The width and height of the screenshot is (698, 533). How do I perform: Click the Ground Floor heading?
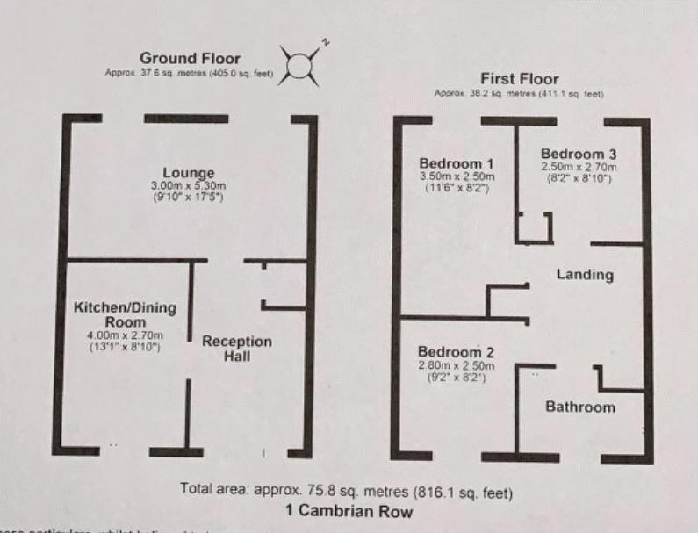(190, 59)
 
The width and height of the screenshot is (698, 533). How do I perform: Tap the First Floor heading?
(519, 78)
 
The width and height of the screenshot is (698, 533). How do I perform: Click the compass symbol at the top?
(300, 65)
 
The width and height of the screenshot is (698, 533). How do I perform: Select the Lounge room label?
(193, 172)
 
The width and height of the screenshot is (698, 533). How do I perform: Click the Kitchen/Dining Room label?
(125, 315)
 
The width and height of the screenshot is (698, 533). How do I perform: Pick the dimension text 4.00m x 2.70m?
(125, 335)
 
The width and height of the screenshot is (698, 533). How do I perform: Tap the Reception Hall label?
(237, 349)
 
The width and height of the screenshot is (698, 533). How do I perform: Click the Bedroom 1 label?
(456, 163)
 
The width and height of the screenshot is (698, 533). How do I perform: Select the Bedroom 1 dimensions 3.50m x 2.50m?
(456, 176)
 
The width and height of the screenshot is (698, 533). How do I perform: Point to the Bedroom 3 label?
(578, 153)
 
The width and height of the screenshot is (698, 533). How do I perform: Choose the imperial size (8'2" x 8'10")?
(578, 179)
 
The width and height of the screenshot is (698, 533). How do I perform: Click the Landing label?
(585, 275)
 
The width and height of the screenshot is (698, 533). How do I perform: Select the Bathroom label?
(580, 407)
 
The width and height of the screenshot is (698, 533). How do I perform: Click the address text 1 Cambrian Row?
(349, 510)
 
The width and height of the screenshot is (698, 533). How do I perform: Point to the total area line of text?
(346, 490)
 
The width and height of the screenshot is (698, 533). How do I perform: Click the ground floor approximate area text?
(190, 74)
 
